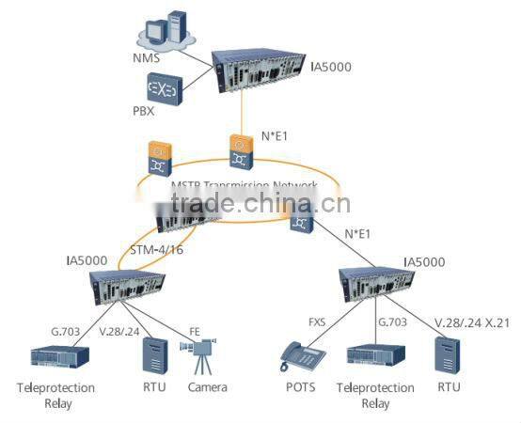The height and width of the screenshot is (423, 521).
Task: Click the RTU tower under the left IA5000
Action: click(x=152, y=357)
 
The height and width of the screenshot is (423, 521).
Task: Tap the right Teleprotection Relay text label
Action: click(x=374, y=395)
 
